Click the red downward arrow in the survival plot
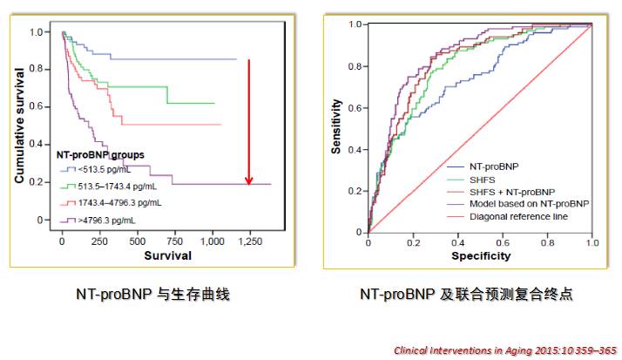pos(248,122)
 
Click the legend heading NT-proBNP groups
pos(101,154)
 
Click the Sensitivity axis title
pos(336,127)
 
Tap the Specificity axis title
pos(480,256)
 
